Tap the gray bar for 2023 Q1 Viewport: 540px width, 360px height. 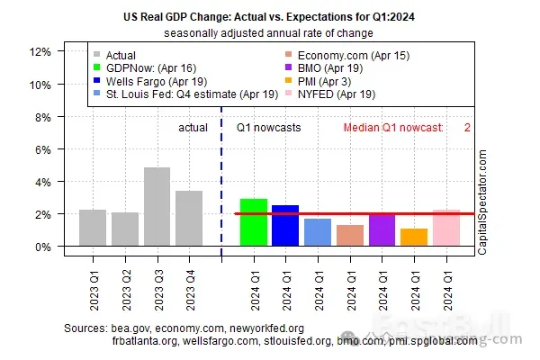[x=93, y=228]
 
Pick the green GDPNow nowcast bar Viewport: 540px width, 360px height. [x=253, y=222]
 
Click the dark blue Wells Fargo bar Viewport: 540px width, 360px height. [x=285, y=226]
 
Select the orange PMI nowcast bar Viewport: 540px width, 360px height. [x=414, y=238]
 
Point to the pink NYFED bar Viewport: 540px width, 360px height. [x=446, y=228]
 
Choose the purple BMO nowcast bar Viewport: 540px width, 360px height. [x=382, y=229]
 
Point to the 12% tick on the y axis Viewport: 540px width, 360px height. [x=40, y=52]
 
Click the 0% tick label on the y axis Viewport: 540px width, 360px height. [x=42, y=247]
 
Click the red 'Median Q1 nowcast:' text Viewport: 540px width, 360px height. [x=393, y=128]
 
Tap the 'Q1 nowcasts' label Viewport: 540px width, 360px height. [x=268, y=128]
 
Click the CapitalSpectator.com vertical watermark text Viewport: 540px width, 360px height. [x=482, y=203]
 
